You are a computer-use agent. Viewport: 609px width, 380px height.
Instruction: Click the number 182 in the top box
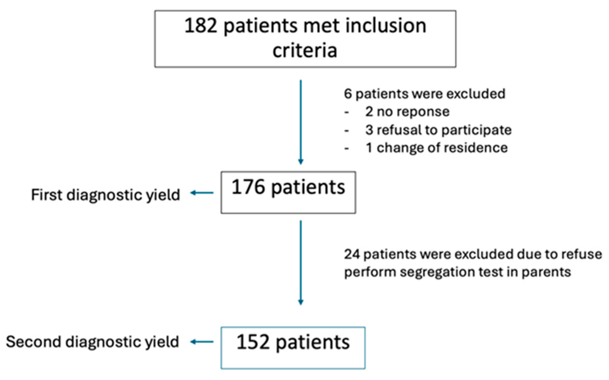[201, 26]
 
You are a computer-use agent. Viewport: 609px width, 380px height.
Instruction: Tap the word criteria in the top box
[305, 51]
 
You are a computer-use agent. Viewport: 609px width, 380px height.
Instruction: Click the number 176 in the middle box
[248, 187]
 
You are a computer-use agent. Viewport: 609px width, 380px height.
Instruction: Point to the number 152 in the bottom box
[253, 342]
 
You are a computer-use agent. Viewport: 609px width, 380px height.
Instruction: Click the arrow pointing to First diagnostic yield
[202, 193]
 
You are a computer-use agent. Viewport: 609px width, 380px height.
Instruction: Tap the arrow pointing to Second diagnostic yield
[202, 342]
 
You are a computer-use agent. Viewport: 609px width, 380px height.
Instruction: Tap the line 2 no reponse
[407, 112]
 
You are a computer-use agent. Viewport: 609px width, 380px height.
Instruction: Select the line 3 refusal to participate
[438, 130]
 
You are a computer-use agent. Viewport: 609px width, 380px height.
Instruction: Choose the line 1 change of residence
[437, 148]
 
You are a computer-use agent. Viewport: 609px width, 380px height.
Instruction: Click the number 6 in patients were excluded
[348, 94]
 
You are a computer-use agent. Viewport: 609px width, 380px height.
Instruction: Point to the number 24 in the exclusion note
[352, 254]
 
